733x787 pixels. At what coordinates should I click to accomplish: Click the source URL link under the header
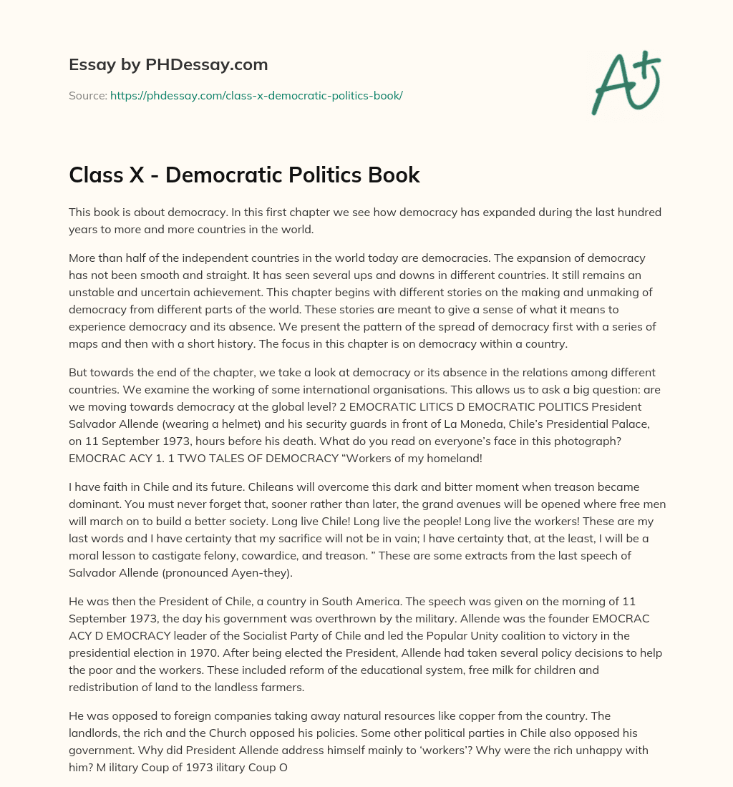tap(256, 95)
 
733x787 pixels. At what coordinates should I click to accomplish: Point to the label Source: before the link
tap(88, 95)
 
